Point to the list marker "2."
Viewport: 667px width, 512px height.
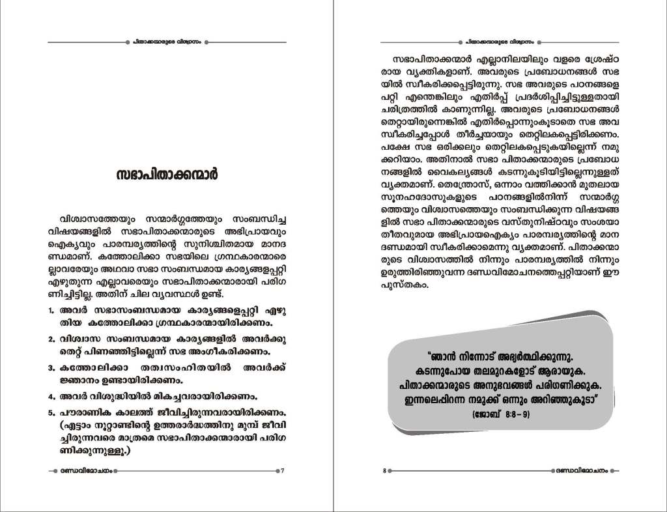pyautogui.click(x=51, y=339)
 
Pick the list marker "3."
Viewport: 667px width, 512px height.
pyautogui.click(x=51, y=368)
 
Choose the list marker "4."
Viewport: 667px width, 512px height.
pyautogui.click(x=51, y=396)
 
